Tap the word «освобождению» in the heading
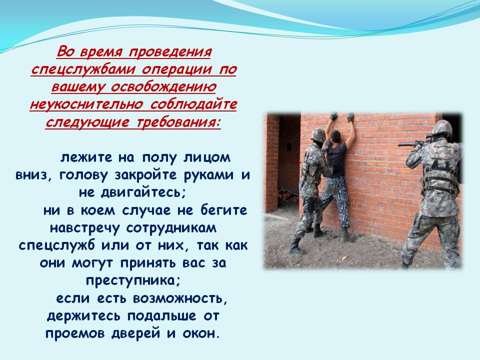[163, 87]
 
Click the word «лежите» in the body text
[86, 157]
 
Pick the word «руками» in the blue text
[210, 175]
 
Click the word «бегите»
[224, 210]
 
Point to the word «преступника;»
[133, 280]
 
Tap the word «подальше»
[162, 315]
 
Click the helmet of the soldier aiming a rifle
[442, 127]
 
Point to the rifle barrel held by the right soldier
[408, 144]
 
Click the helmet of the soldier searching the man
[318, 134]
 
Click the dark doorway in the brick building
[288, 159]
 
